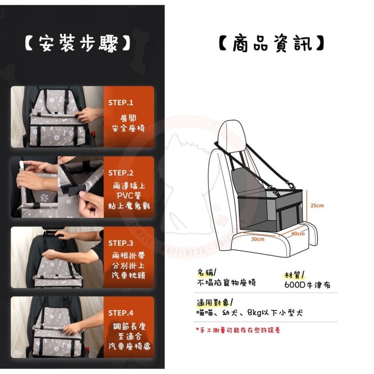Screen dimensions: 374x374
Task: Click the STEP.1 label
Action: pyautogui.click(x=120, y=103)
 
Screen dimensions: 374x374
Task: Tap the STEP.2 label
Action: pyautogui.click(x=120, y=173)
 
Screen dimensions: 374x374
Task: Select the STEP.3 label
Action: pyautogui.click(x=120, y=243)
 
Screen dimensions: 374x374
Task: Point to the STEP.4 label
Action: pyautogui.click(x=120, y=313)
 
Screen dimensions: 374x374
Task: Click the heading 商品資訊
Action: pyautogui.click(x=272, y=44)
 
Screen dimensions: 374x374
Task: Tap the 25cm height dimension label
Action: pyautogui.click(x=317, y=205)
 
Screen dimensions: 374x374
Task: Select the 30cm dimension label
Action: pyautogui.click(x=257, y=239)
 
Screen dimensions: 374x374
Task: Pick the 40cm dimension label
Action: pyautogui.click(x=298, y=234)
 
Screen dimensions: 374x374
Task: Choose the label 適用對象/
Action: pyautogui.click(x=215, y=302)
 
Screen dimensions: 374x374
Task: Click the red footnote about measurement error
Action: pyautogui.click(x=238, y=330)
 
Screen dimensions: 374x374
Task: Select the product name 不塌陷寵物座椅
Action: pyautogui.click(x=226, y=283)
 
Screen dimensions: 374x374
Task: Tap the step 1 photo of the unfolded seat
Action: pyautogui.click(x=57, y=117)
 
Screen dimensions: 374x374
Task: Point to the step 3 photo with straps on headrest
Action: pyautogui.click(x=57, y=257)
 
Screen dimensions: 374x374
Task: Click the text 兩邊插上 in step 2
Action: pyautogui.click(x=128, y=186)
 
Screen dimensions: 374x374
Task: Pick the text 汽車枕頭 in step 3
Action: pyautogui.click(x=128, y=276)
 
